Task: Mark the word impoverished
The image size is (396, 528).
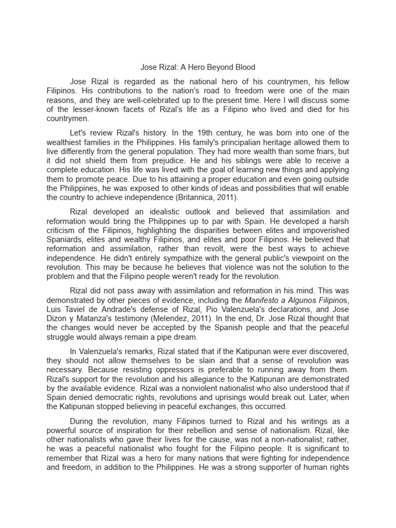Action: pos(316,231)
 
